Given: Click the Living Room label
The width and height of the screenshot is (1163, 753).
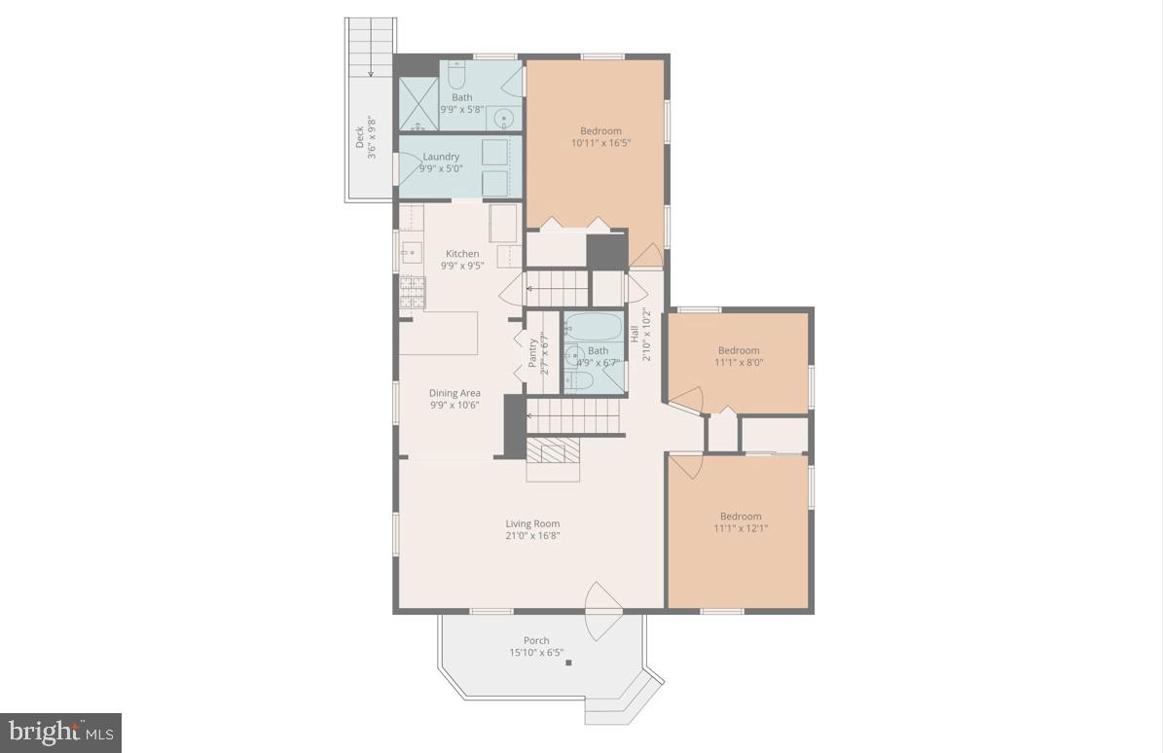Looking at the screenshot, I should pos(532,523).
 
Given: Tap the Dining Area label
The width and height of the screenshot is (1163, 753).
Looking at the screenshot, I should pos(454,393).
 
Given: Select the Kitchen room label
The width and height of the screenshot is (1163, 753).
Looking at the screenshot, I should pos(462,254).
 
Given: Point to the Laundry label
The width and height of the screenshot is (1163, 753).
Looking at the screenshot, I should pos(441,157).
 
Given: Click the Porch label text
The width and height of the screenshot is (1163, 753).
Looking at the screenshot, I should pos(536,640).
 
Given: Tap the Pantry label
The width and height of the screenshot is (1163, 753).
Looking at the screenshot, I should pos(532,352).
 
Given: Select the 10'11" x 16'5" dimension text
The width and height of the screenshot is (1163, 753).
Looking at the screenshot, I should pos(600,143).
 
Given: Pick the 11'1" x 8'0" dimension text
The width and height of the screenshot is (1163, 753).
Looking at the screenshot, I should pos(739,363).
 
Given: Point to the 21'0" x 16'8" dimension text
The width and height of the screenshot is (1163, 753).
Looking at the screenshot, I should pos(532,535).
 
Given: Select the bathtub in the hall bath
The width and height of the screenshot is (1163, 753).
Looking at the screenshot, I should pos(592,326).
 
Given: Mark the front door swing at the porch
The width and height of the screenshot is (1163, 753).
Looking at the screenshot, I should pos(600,611).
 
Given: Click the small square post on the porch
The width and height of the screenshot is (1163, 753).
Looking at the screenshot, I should pos(569,663).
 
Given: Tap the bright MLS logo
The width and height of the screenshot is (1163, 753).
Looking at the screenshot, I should pos(61,731).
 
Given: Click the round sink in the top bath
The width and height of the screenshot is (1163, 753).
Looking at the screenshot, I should pos(504,119).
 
